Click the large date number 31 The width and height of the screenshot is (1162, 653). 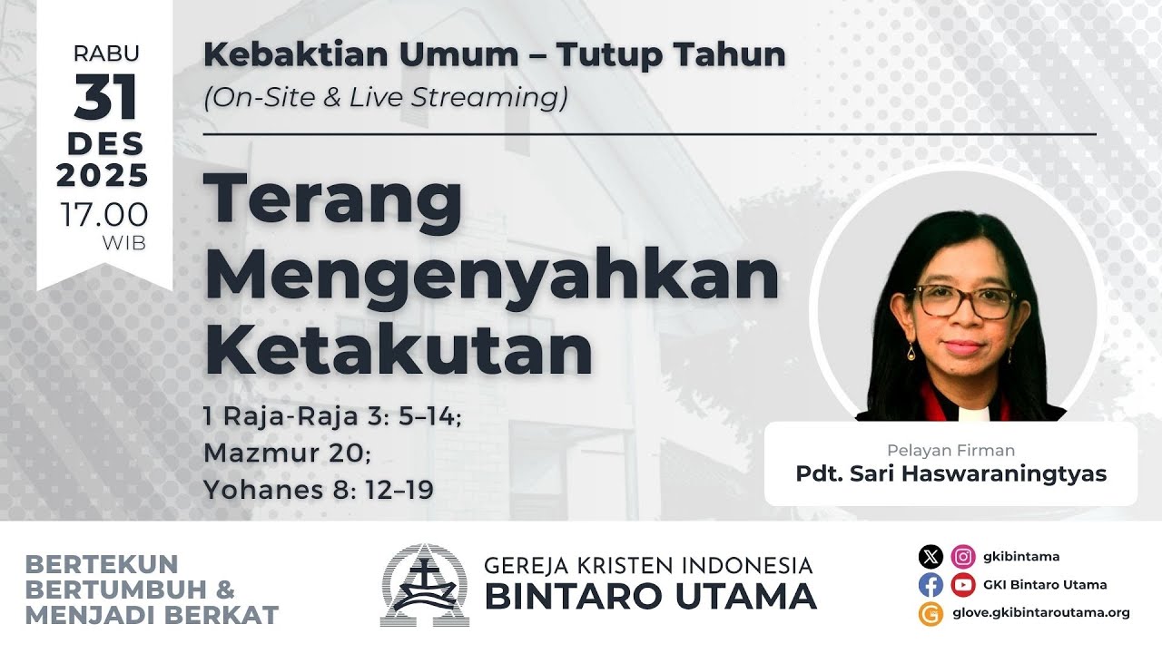click(105, 98)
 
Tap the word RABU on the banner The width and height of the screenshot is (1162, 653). click(105, 54)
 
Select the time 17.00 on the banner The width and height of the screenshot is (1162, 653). click(104, 215)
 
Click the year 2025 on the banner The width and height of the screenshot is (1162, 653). click(103, 175)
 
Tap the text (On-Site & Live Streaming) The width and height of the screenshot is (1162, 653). click(386, 97)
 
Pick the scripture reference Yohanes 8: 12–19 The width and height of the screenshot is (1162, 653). click(319, 490)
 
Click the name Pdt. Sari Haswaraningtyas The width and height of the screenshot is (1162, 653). click(950, 473)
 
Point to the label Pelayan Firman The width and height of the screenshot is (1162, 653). click(950, 450)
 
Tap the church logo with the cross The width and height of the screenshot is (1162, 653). click(424, 585)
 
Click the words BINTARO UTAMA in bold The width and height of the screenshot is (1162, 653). click(650, 597)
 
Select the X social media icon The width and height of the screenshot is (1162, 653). click(931, 557)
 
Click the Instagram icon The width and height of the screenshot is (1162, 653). click(963, 557)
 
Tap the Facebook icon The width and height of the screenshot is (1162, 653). click(931, 585)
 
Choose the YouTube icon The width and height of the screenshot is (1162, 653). click(963, 585)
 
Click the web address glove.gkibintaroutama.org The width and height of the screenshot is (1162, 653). click(1040, 612)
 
